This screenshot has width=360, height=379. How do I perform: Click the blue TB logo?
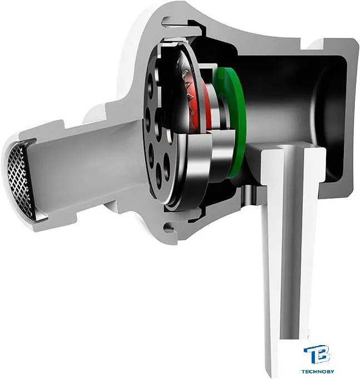coord(317,355)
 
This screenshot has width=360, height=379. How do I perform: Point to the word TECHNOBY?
coord(318,371)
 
